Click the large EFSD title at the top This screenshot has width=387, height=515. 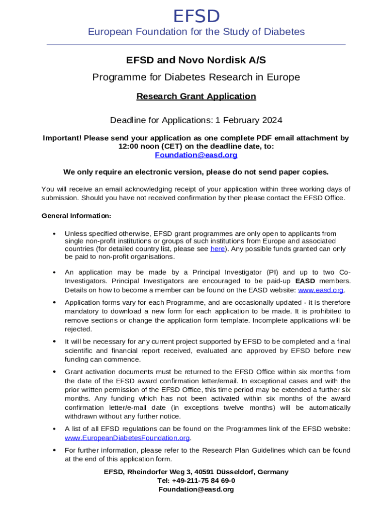click(x=197, y=17)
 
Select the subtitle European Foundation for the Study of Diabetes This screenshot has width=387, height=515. click(x=197, y=32)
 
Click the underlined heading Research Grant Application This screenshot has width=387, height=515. click(x=196, y=96)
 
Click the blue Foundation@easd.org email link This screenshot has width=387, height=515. click(x=196, y=155)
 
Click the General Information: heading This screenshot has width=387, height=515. click(x=76, y=216)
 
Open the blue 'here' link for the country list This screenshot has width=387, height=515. click(x=217, y=249)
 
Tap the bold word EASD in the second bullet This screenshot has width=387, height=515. click(x=306, y=281)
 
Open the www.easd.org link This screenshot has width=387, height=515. click(x=321, y=290)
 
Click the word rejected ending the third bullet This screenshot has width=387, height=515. click(x=78, y=329)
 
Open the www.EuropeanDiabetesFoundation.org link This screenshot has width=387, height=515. click(x=127, y=438)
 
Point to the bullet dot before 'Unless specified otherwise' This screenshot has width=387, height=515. click(x=53, y=234)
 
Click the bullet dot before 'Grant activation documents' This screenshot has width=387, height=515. click(x=53, y=372)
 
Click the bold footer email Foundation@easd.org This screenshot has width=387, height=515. click(x=196, y=489)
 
